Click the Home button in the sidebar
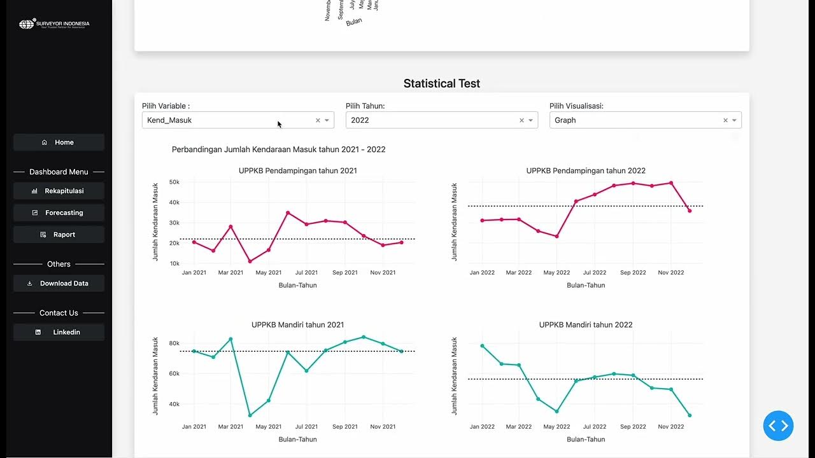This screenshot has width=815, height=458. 59,142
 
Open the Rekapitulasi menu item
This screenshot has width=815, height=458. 59,191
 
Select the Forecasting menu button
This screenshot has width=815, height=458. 59,212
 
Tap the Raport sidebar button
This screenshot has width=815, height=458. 59,235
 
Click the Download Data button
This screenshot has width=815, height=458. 59,284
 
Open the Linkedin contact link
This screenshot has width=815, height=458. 59,332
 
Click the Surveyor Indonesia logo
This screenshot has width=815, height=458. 54,25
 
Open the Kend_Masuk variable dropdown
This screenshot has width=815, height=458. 229,120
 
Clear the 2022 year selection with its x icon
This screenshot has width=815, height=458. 521,120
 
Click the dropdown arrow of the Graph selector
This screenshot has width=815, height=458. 734,120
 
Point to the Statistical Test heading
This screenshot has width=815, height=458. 441,83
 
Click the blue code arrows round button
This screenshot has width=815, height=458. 778,426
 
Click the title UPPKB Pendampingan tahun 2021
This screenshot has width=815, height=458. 297,170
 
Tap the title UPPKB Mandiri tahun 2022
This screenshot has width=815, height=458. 586,324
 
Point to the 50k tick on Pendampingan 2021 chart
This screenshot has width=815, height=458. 174,182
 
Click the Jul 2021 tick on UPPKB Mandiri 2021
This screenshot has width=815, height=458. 306,427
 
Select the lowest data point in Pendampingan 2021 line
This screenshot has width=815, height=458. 250,261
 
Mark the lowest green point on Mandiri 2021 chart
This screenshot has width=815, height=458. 250,415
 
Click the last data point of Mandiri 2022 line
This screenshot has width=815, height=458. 690,415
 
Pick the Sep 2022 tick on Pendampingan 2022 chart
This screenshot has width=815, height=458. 633,273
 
